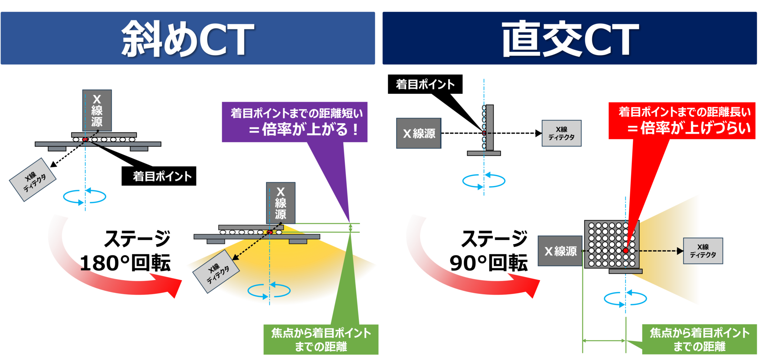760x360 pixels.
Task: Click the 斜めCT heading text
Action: (188, 39)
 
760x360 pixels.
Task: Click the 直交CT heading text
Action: (570, 39)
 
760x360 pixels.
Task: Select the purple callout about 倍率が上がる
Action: (295, 122)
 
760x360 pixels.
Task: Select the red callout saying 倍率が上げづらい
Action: (682, 121)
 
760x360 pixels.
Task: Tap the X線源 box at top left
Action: (97, 110)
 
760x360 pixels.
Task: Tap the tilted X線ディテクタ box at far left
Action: (33, 180)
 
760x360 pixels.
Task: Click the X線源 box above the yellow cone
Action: (281, 203)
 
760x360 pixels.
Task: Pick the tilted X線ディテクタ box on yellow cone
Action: (216, 272)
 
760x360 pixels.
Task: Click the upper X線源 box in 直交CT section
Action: (419, 133)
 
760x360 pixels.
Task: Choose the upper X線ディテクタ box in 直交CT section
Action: (561, 133)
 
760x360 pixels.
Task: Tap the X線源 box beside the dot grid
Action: (560, 251)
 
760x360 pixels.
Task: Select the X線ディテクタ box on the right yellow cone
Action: (703, 251)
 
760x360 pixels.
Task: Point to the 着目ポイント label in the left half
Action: (162, 176)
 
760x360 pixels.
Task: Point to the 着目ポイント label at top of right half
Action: (425, 84)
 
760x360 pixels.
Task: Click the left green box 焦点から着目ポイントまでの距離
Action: (321, 340)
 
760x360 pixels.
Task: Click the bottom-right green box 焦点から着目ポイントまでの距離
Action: (700, 340)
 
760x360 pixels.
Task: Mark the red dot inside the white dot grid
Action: (626, 251)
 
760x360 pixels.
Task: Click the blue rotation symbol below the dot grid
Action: (625, 298)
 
